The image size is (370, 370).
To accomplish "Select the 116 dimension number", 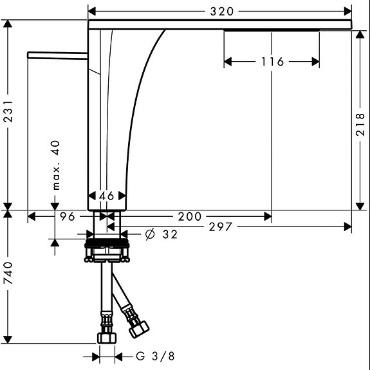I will click(272, 62).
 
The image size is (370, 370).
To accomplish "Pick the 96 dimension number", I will click(68, 217).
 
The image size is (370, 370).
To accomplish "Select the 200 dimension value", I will click(189, 217).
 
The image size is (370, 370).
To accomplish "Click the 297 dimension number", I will click(219, 227).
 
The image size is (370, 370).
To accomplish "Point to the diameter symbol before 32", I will click(149, 235).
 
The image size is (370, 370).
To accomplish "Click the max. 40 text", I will click(56, 165).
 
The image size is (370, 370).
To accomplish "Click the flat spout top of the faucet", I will click(219, 24).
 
